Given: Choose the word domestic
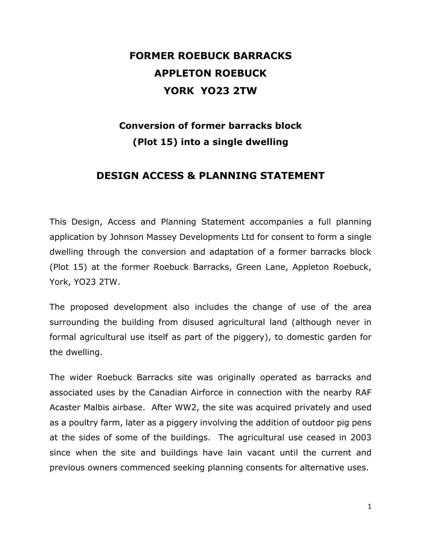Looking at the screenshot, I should click(x=306, y=337).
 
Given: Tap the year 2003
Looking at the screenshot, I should click(x=361, y=437).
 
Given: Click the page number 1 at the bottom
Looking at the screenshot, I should click(x=370, y=507).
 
